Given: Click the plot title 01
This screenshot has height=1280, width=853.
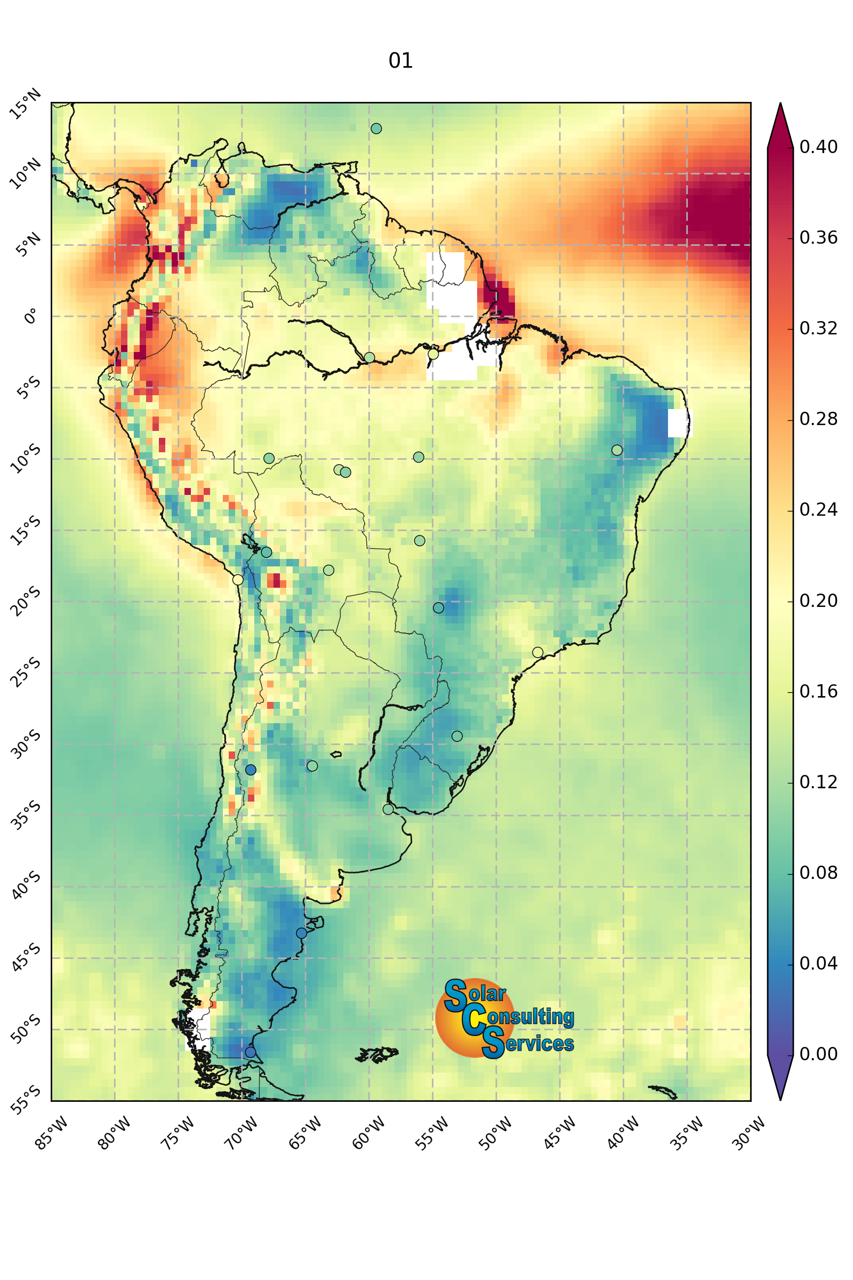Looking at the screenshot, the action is (x=400, y=60).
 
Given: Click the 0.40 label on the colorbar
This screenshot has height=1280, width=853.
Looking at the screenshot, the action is (x=818, y=147).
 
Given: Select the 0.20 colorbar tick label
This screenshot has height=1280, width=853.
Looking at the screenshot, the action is (x=818, y=601).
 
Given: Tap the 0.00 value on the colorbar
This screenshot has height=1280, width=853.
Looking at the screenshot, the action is (x=818, y=1054).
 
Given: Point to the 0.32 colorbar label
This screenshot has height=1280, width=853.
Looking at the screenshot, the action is (x=818, y=328).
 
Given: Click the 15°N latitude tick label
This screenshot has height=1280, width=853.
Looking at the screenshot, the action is (x=26, y=104).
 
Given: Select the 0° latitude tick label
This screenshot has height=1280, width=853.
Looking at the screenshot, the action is (x=31, y=316).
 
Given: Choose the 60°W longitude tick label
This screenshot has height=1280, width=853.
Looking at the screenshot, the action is (x=369, y=1134).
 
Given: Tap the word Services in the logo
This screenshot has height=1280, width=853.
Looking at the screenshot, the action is (x=528, y=1043).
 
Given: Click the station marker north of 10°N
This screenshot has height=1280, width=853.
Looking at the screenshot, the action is (x=376, y=129).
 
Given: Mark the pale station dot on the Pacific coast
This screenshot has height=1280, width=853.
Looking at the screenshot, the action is (x=238, y=580).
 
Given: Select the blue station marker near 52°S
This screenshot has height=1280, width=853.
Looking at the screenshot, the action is (x=250, y=1052).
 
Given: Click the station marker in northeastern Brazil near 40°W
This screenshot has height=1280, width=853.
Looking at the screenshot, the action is (x=617, y=450).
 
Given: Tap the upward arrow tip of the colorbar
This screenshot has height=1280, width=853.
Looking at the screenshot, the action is (x=780, y=103).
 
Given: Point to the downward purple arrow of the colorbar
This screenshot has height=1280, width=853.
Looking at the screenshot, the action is (x=780, y=1077).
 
